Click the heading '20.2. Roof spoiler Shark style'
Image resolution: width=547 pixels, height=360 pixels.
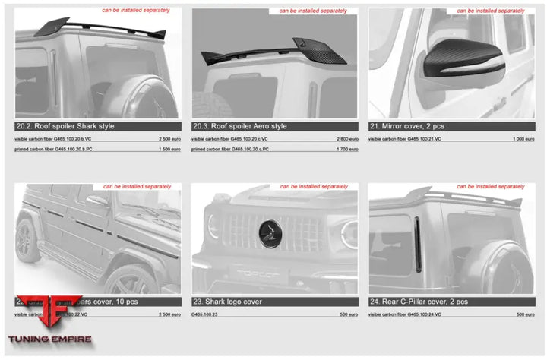click(x=65, y=126)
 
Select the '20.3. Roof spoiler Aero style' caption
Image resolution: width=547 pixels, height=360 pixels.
click(x=239, y=126)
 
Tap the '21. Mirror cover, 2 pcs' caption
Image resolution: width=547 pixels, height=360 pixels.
click(x=411, y=126)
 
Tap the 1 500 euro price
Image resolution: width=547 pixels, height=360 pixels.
click(x=170, y=150)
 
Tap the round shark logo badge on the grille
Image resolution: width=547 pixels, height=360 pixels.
click(x=272, y=231)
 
